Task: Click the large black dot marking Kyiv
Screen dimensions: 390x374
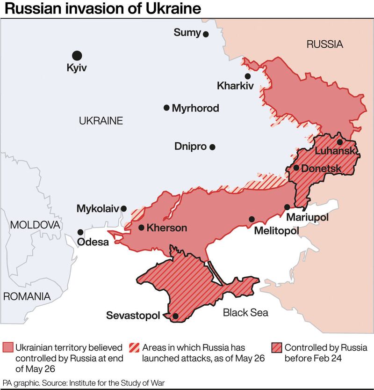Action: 77,56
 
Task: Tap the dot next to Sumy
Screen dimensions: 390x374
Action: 206,34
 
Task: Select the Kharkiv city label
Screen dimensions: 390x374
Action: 235,86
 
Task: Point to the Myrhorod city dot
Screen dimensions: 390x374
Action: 166,108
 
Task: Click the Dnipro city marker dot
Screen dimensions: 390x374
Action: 213,147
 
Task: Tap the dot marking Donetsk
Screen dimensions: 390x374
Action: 296,168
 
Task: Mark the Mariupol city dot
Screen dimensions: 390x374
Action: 287,207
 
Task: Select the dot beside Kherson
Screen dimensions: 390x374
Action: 141,228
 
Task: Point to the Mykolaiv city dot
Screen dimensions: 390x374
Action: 123,209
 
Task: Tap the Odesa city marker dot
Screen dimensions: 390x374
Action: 80,232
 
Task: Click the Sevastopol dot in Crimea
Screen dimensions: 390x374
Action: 175,316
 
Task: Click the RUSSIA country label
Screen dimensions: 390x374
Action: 324,45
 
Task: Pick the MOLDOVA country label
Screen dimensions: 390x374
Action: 35,225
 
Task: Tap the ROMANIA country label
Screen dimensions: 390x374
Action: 27,296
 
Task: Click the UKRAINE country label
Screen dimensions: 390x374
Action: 101,121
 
